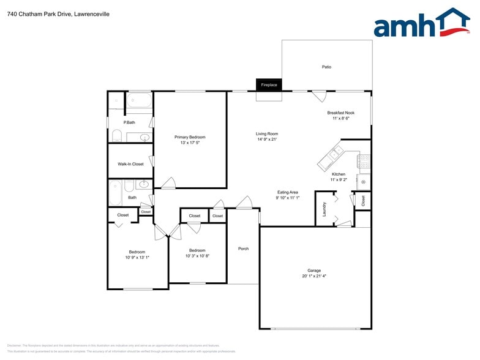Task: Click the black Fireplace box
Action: (x=269, y=84)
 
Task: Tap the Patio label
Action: (x=327, y=67)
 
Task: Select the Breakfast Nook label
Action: (x=340, y=113)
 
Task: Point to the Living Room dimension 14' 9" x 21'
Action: (x=267, y=140)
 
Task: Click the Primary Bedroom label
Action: (x=190, y=137)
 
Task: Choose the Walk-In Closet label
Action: (x=130, y=164)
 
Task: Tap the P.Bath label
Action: (x=129, y=122)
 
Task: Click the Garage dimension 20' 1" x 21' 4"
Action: (x=314, y=276)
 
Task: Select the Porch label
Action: (x=243, y=249)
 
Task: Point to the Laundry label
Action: (x=324, y=209)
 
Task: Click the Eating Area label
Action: (x=287, y=192)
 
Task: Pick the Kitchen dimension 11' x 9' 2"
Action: (x=339, y=180)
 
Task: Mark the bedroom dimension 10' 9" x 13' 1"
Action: (x=137, y=258)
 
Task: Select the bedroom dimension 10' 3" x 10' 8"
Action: (x=197, y=256)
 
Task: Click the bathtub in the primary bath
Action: (x=140, y=100)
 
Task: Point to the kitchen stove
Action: (x=364, y=162)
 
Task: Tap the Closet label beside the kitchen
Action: (x=363, y=200)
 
